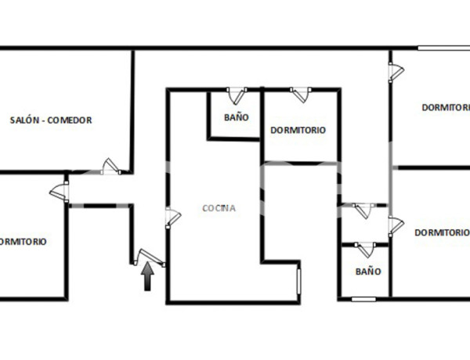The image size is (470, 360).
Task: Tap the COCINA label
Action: [x=219, y=208]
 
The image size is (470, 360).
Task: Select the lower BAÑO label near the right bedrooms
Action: [x=367, y=272]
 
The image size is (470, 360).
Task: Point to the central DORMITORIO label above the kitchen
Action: [x=298, y=130]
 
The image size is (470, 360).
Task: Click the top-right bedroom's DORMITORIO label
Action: [x=445, y=107]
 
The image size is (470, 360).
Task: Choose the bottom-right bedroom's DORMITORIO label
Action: [x=442, y=232]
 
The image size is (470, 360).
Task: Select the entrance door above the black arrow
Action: [x=148, y=257]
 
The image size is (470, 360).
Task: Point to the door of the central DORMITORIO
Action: [x=300, y=95]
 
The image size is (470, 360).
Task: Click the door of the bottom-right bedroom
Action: [x=395, y=225]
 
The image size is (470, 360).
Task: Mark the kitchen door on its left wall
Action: [x=170, y=218]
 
